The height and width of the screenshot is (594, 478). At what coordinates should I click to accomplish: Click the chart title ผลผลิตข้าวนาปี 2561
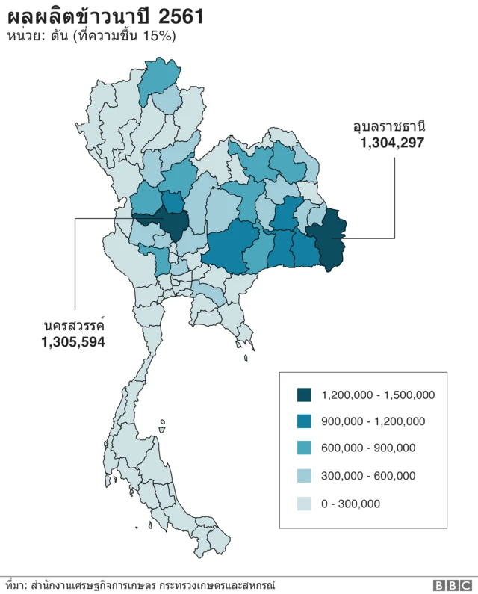point(105,16)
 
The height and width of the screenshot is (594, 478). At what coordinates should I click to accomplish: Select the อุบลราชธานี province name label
point(389,126)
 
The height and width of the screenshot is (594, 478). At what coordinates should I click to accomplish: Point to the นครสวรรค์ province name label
point(73,327)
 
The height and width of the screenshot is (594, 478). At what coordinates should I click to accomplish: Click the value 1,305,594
point(72,342)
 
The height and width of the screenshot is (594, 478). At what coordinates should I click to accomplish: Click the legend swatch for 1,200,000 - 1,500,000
point(304,395)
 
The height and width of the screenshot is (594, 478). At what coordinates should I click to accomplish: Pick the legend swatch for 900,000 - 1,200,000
point(304,421)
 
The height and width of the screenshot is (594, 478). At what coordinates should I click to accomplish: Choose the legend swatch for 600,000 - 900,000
point(304,448)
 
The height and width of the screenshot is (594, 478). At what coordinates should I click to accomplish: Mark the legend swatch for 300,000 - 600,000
point(304,476)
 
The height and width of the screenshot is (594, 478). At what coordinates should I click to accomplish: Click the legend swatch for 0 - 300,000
point(304,504)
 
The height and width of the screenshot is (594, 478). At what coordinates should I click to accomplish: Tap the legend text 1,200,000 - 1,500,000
point(378,395)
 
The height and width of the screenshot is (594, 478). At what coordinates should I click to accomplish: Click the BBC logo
point(451,585)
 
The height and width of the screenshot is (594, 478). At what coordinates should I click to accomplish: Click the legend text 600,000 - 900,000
point(368,449)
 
